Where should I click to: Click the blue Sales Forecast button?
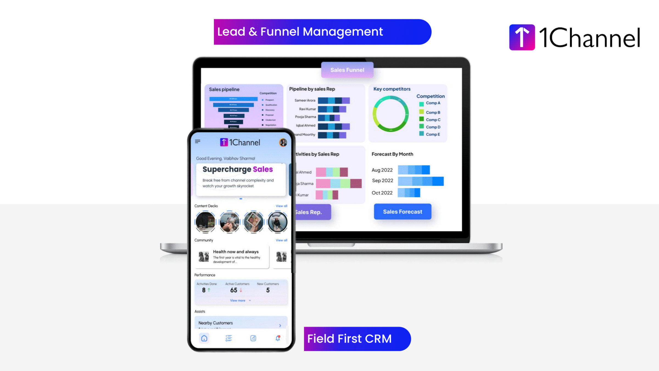pyautogui.click(x=403, y=212)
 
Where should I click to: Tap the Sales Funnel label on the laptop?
pyautogui.click(x=347, y=70)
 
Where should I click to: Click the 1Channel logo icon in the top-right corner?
pyautogui.click(x=522, y=37)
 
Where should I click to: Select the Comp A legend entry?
pyautogui.click(x=432, y=103)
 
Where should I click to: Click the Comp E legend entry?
pyautogui.click(x=432, y=134)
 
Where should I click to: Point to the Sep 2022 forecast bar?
pyautogui.click(x=421, y=181)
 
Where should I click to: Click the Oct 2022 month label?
pyautogui.click(x=382, y=193)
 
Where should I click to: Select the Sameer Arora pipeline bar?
pyautogui.click(x=334, y=101)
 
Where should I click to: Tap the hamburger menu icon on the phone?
pyautogui.click(x=198, y=142)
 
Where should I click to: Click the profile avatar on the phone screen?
pyautogui.click(x=283, y=142)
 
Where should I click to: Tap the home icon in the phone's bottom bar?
pyautogui.click(x=204, y=338)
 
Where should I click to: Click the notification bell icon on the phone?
pyautogui.click(x=278, y=338)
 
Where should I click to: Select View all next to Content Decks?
pyautogui.click(x=281, y=206)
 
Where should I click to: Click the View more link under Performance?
pyautogui.click(x=238, y=300)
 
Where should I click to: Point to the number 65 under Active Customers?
pyautogui.click(x=234, y=290)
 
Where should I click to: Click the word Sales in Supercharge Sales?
pyautogui.click(x=263, y=169)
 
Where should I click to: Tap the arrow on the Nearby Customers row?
pyautogui.click(x=280, y=325)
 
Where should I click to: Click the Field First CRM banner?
pyautogui.click(x=357, y=339)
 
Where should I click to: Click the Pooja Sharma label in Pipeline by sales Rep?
pyautogui.click(x=305, y=117)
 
